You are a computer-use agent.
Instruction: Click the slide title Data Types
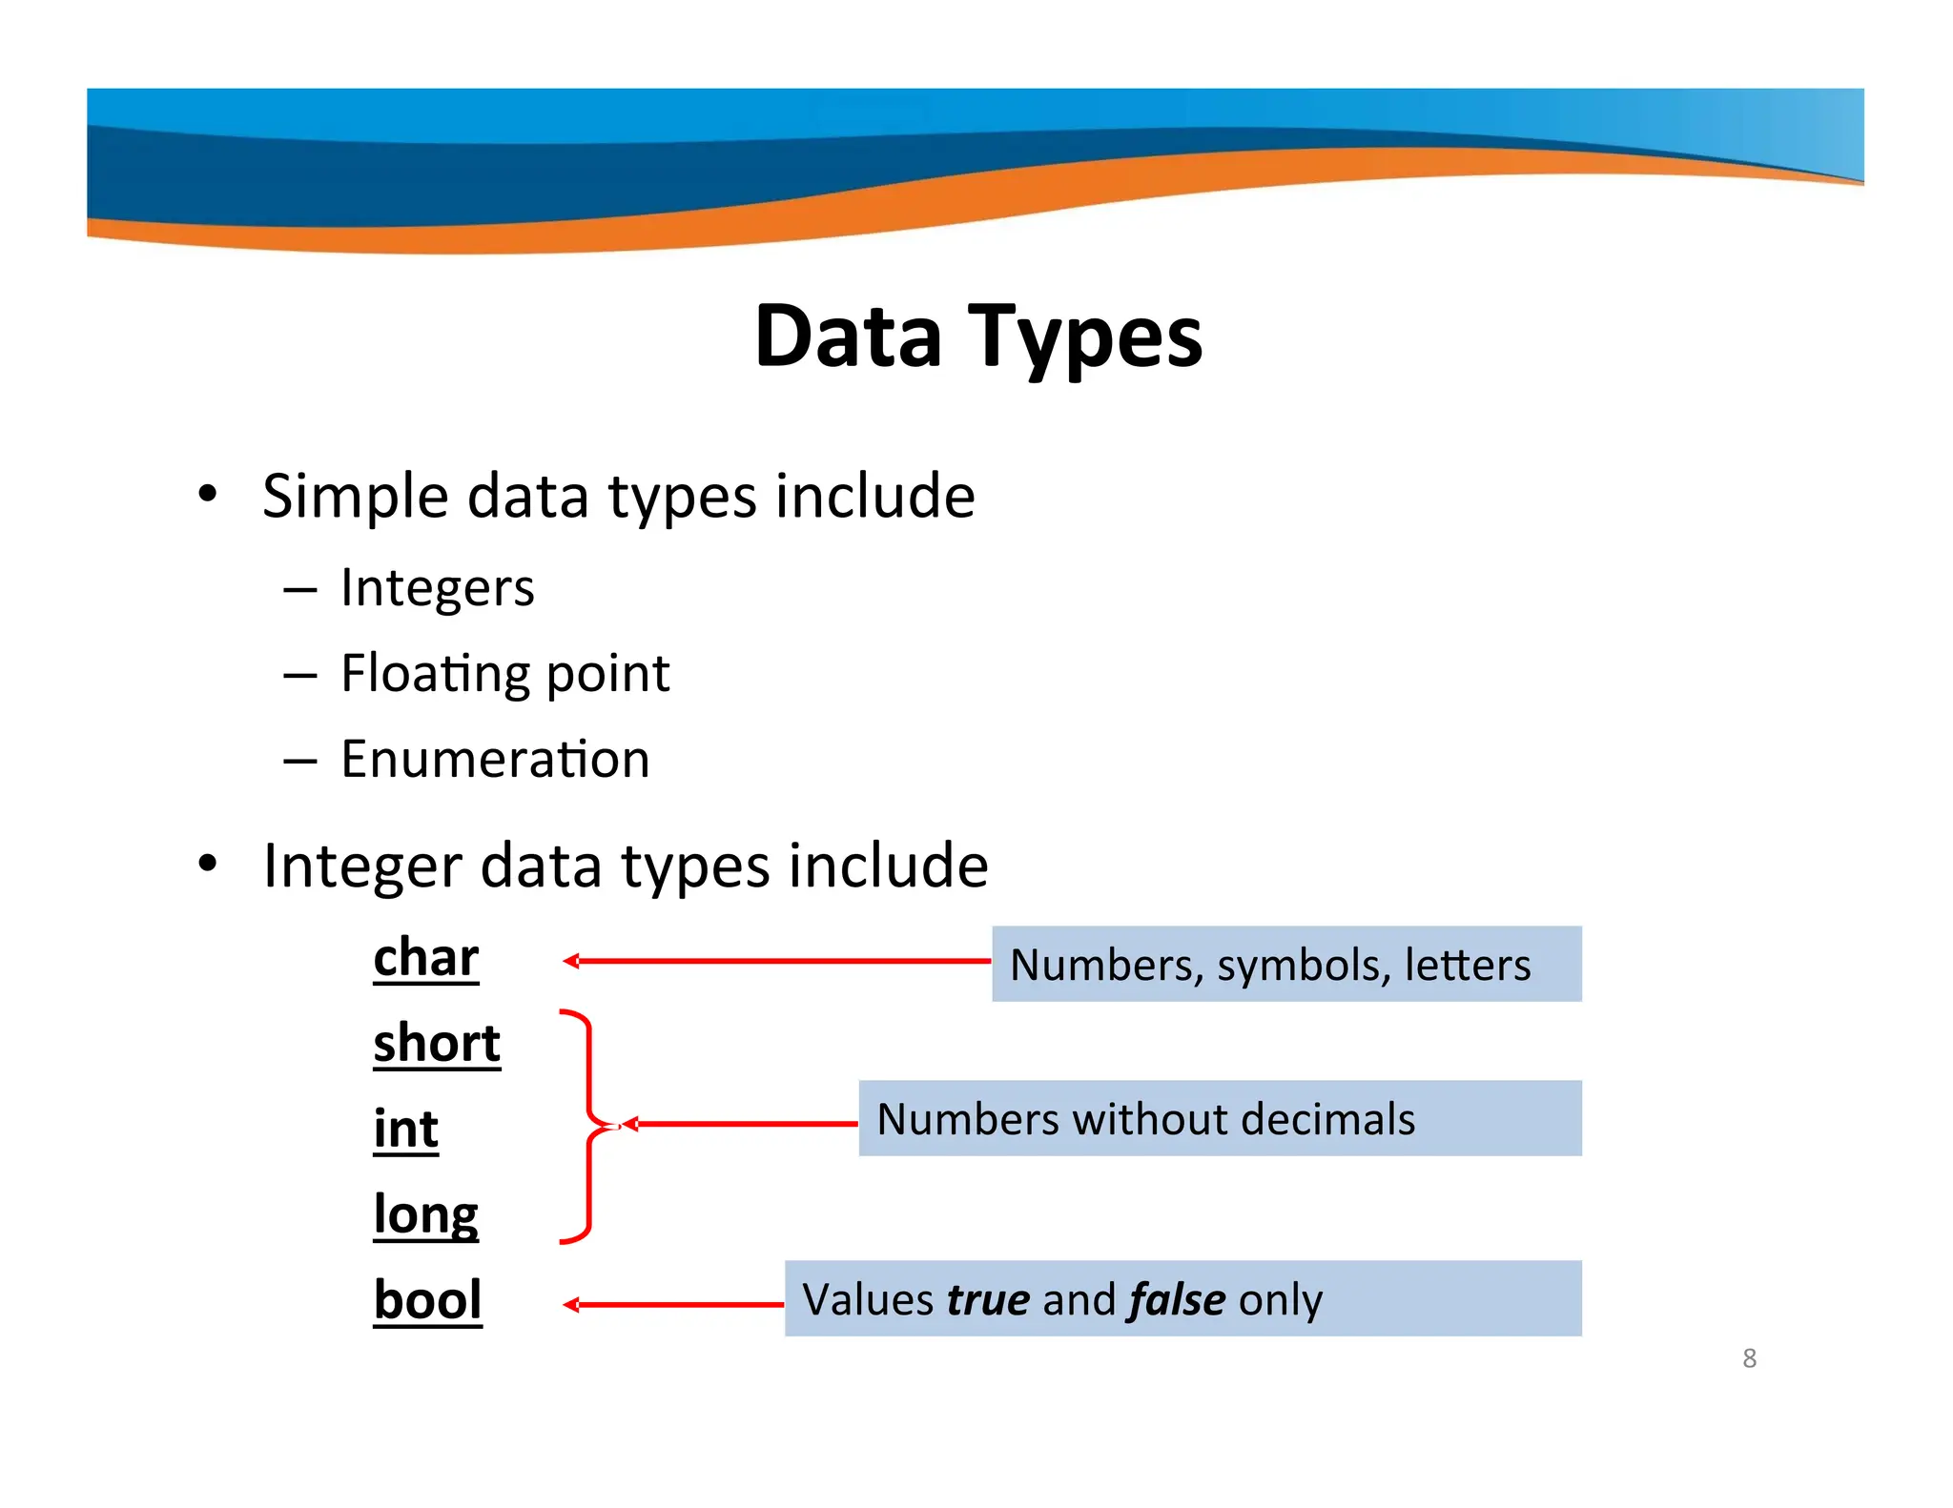coord(978,336)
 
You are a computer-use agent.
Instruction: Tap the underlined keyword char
coord(425,957)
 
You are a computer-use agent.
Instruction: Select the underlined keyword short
coord(437,1043)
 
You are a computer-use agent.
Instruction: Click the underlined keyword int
coord(406,1129)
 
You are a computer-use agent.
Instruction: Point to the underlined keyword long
coord(425,1215)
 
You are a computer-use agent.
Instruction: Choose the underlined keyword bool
coord(427,1300)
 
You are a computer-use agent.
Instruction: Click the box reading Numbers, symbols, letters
coord(1285,964)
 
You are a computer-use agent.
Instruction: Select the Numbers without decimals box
coord(1219,1118)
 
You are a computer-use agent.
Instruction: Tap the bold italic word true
coord(988,1300)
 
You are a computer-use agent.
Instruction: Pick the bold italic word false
coord(1176,1300)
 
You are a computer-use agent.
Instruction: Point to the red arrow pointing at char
coord(776,961)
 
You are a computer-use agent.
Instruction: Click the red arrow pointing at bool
coord(673,1305)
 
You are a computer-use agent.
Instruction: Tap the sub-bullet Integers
coord(438,588)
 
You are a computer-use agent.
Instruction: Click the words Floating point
coord(505,674)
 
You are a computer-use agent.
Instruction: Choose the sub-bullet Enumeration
coord(495,760)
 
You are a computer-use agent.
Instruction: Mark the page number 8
coord(1749,1358)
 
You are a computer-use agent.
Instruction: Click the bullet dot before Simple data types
coord(208,494)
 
